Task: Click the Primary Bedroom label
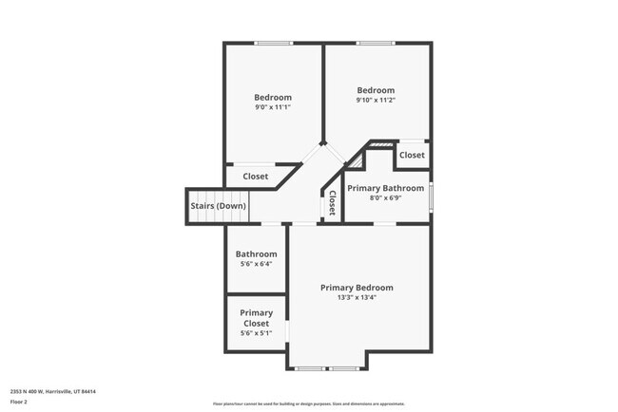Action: [x=357, y=288]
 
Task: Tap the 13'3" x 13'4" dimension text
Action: [x=357, y=298]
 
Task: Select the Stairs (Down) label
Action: [x=218, y=206]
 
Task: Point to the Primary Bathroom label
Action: [x=385, y=188]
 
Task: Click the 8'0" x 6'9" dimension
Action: [x=385, y=198]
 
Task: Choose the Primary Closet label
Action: [x=256, y=318]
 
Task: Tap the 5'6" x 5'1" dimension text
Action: [x=256, y=333]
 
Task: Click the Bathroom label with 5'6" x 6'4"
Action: [x=256, y=253]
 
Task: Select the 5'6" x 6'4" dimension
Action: [x=256, y=264]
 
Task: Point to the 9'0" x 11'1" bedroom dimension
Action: [x=273, y=107]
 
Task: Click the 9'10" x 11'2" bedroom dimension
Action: [x=376, y=100]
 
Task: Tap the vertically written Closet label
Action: [x=332, y=204]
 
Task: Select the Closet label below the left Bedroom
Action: [x=256, y=177]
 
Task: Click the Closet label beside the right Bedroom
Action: [x=412, y=155]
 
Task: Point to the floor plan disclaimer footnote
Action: [x=308, y=403]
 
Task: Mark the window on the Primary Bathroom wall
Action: [x=431, y=197]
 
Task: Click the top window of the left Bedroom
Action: [x=274, y=43]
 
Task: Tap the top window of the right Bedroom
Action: [x=376, y=43]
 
